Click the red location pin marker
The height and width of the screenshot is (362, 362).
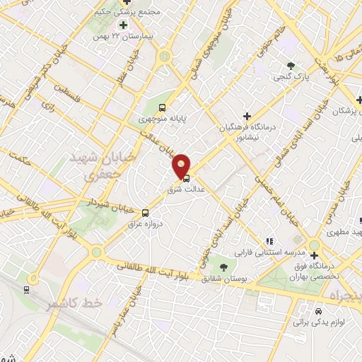point(182,165)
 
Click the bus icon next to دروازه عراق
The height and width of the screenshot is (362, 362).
point(146,212)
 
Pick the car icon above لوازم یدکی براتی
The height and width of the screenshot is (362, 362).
point(318,310)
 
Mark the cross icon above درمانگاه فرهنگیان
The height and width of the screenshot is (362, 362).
point(246,115)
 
